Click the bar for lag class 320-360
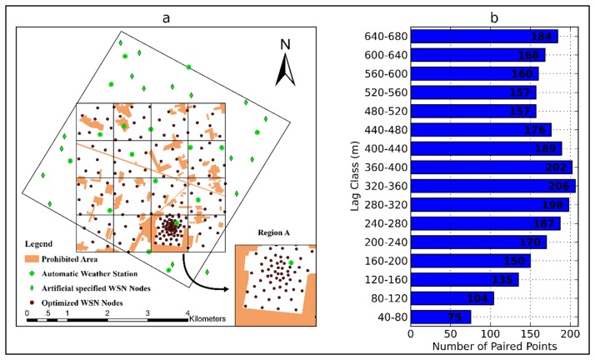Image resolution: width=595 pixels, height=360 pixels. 492,186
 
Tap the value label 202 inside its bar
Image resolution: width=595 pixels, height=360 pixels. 556,167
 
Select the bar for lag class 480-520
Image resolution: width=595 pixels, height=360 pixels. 472,111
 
